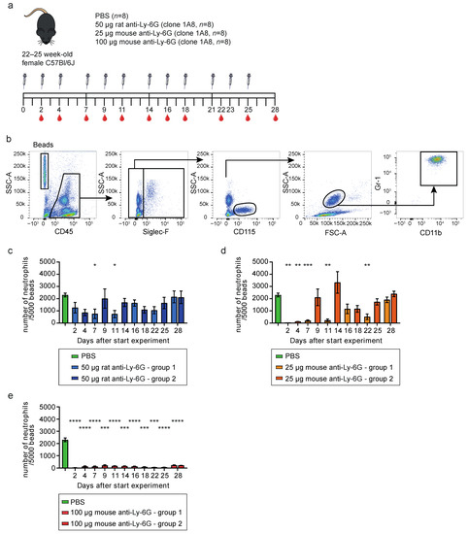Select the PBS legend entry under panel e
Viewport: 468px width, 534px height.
(72, 499)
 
